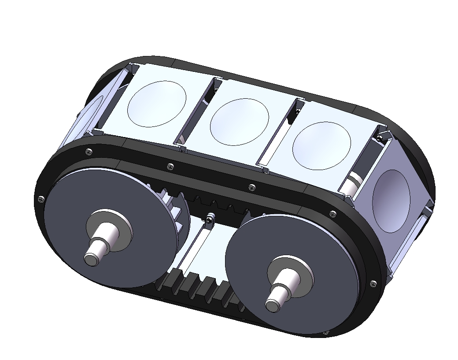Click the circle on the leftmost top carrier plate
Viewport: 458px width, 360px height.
point(156,104)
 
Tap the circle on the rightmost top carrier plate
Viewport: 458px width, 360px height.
point(321,146)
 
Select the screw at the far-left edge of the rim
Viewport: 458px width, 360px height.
point(41,199)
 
